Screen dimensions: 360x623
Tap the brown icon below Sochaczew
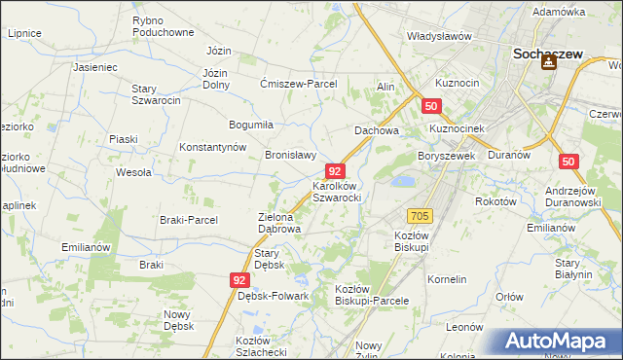548,64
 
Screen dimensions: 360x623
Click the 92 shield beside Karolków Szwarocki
334,171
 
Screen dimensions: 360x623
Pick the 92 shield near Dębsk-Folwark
240,279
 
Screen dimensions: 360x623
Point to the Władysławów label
439,36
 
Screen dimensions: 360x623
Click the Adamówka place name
559,12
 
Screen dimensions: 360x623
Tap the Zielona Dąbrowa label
278,223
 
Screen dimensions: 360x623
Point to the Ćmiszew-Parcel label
298,84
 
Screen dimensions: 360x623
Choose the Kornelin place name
447,279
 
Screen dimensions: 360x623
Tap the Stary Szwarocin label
156,94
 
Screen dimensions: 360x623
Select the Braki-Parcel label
192,220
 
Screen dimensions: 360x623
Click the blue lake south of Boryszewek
401,181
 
